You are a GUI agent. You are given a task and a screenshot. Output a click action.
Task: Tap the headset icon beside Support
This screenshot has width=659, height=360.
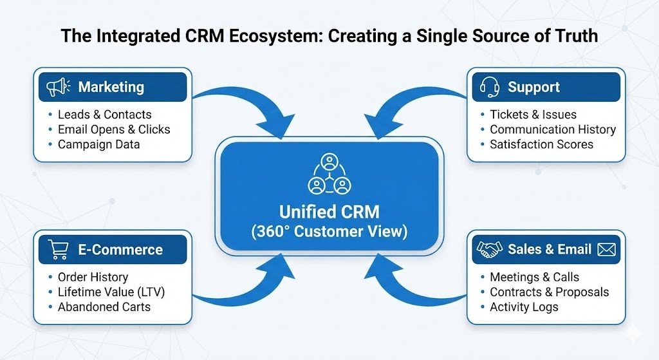tap(488, 87)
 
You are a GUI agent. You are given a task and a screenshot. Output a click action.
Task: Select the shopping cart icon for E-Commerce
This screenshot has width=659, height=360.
tap(59, 250)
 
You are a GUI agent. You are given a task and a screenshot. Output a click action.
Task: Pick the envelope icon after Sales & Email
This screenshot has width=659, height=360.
tap(606, 250)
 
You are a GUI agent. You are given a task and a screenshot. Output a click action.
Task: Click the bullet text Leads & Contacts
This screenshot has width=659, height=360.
tap(104, 115)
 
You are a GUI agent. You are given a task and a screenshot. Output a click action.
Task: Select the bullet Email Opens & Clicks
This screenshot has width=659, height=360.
tap(114, 129)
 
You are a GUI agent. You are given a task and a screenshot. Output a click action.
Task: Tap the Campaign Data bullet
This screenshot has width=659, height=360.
tap(98, 144)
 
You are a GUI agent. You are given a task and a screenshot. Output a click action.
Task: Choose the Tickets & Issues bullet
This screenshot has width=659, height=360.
tap(533, 115)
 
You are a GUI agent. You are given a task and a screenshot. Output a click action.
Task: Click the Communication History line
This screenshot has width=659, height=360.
tap(552, 129)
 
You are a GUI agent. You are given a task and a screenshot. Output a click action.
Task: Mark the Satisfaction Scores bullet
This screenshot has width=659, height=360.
tap(541, 144)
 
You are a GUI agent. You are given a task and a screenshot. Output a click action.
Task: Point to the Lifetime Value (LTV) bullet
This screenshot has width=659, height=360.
tap(111, 292)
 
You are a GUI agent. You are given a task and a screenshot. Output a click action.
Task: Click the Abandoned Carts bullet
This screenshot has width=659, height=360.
tap(104, 307)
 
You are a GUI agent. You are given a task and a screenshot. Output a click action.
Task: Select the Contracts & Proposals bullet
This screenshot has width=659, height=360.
tap(549, 292)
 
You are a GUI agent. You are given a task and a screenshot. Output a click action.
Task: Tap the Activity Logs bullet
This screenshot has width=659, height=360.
tap(524, 307)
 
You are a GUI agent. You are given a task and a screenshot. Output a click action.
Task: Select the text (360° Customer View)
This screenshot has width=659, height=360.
tap(329, 232)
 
